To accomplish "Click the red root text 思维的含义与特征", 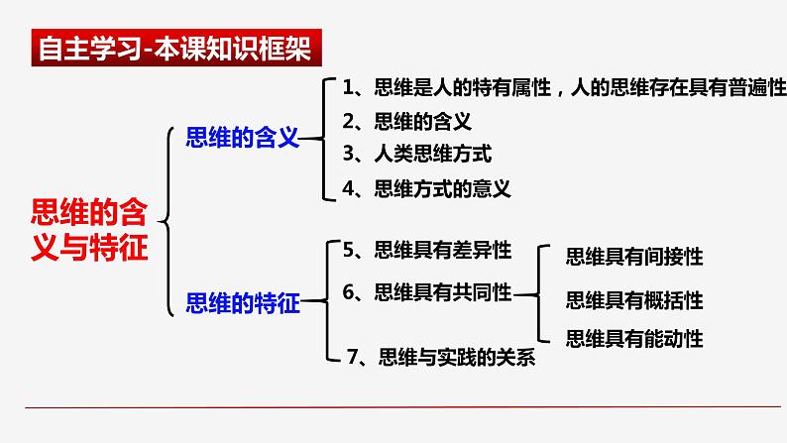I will [90, 228].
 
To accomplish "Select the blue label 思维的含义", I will [242, 138].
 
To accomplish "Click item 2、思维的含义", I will [406, 122].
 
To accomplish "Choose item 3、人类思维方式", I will [416, 154].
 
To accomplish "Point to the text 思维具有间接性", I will [633, 257].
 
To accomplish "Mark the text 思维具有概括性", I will [633, 298].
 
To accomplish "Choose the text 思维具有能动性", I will [633, 339].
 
